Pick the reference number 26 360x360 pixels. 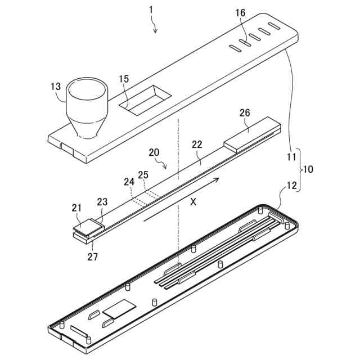[245, 114]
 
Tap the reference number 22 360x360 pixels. [197, 144]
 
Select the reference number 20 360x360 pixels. [154, 152]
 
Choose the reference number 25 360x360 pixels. [143, 175]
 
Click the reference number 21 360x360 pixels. [76, 208]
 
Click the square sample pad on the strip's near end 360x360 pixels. [88, 224]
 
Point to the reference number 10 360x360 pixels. [309, 169]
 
